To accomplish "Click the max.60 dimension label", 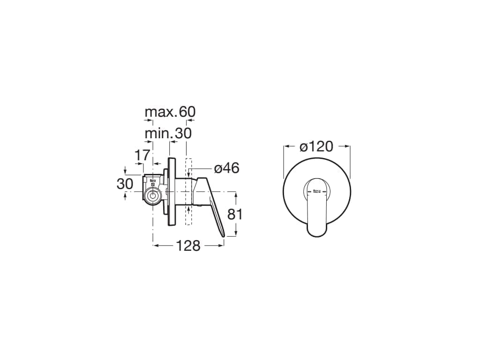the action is (x=170, y=112).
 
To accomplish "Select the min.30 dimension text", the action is (x=168, y=133).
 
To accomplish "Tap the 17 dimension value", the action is (x=143, y=156).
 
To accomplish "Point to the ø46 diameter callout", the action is (x=226, y=168).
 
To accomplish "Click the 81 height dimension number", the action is (x=235, y=214).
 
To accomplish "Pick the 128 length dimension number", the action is (x=188, y=246).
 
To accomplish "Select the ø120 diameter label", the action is (x=316, y=147).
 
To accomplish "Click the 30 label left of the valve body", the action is (x=125, y=184).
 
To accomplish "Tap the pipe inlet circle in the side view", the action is (x=152, y=195).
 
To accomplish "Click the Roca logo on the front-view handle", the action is (x=316, y=192).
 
